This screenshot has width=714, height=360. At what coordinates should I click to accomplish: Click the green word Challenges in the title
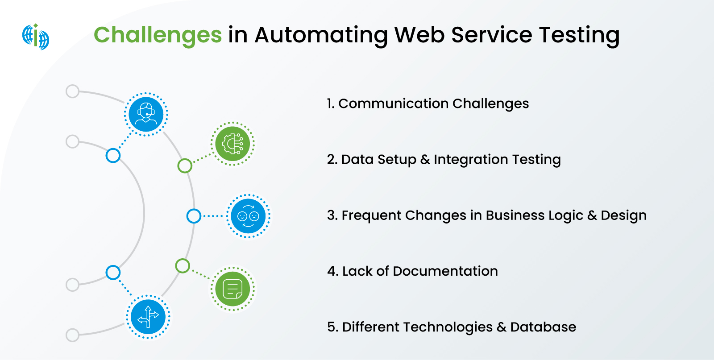[x=158, y=35]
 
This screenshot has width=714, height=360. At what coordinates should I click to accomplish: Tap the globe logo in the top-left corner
[x=36, y=37]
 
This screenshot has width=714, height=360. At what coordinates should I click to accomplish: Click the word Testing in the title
[x=579, y=35]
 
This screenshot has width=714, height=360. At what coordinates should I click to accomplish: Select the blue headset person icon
[x=146, y=114]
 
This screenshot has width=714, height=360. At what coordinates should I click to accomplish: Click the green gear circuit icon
[x=232, y=144]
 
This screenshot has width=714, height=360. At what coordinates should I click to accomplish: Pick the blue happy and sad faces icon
[x=248, y=216]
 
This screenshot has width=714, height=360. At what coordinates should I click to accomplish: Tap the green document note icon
[x=232, y=289]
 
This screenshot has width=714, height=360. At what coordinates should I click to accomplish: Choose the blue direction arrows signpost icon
[x=148, y=317]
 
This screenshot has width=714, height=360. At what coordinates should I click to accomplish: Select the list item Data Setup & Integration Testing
[x=444, y=159]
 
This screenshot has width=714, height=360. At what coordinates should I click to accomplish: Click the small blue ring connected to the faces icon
[x=194, y=216]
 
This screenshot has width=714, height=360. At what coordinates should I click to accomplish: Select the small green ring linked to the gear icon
[x=185, y=166]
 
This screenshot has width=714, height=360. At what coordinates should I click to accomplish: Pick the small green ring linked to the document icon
[x=183, y=266]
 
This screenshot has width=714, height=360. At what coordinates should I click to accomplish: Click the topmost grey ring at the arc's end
[x=72, y=91]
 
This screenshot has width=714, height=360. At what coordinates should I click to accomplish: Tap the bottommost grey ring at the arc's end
[x=72, y=335]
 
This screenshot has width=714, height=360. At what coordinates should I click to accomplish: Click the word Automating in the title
[x=321, y=35]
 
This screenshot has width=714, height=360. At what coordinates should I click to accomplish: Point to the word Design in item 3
[x=623, y=215]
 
